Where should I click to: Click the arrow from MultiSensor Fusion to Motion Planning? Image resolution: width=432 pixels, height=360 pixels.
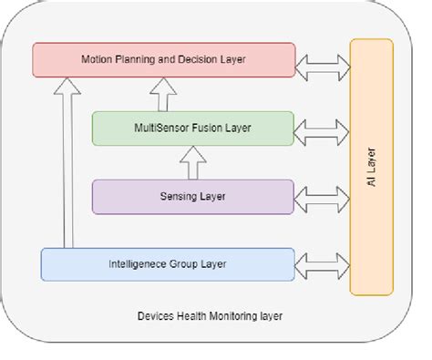164,94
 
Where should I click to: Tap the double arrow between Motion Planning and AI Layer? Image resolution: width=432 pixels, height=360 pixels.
323,61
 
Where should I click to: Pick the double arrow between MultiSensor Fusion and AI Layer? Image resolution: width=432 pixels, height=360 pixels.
323,128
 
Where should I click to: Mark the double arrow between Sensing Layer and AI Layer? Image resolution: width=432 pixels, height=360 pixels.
323,195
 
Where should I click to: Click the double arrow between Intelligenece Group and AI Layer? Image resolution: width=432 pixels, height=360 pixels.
323,264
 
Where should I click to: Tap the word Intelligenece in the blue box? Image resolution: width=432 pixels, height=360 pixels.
138,264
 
